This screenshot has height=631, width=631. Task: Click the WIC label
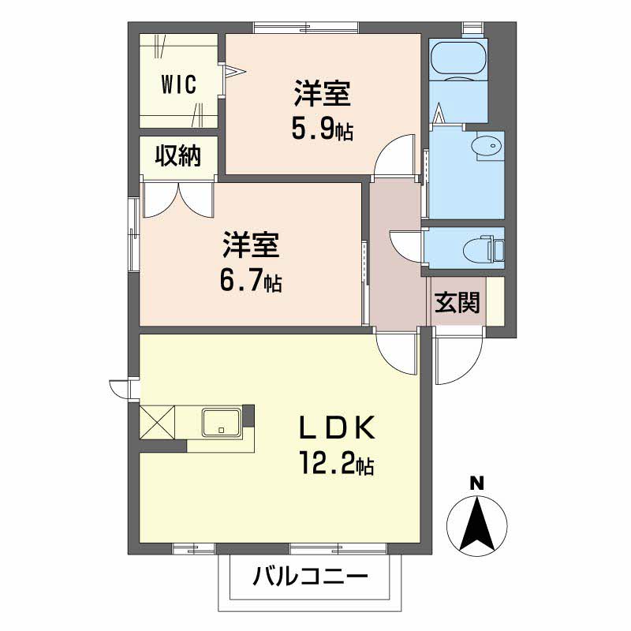click(180, 84)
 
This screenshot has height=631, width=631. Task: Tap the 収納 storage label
click(177, 156)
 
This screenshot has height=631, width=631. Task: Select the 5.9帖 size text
click(322, 128)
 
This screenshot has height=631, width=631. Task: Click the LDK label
click(334, 428)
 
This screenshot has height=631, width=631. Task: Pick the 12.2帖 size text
click(335, 463)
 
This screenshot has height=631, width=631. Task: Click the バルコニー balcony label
click(310, 577)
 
